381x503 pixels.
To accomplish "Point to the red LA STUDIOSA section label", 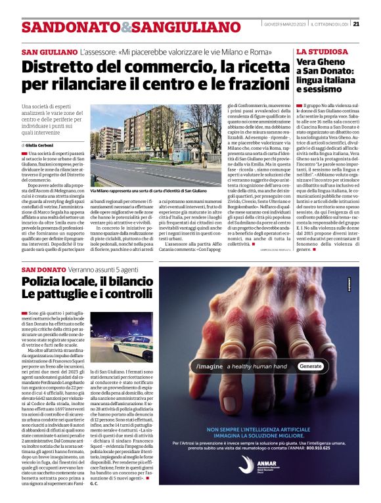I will coord(323,51).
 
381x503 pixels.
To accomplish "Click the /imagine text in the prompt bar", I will coord(210,366).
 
